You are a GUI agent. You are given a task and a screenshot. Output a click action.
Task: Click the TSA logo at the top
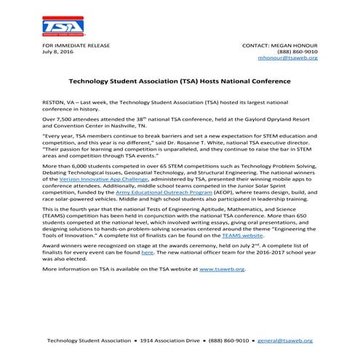[63, 26]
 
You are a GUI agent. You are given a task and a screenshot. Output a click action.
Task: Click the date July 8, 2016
[59, 52]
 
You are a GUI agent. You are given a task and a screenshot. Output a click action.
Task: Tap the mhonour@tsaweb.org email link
[289, 57]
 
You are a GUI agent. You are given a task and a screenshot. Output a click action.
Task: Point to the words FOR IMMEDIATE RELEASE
[76, 45]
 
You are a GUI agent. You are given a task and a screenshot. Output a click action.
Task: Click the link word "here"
[147, 252]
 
